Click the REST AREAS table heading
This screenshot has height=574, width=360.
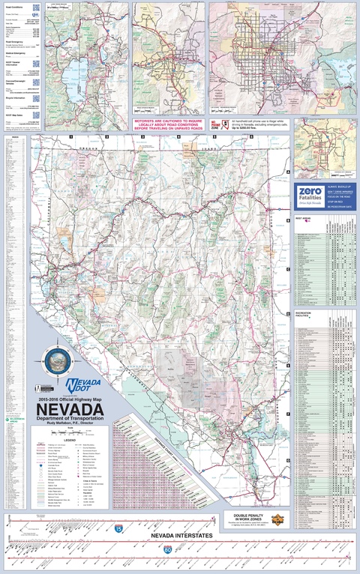point(303,219)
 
